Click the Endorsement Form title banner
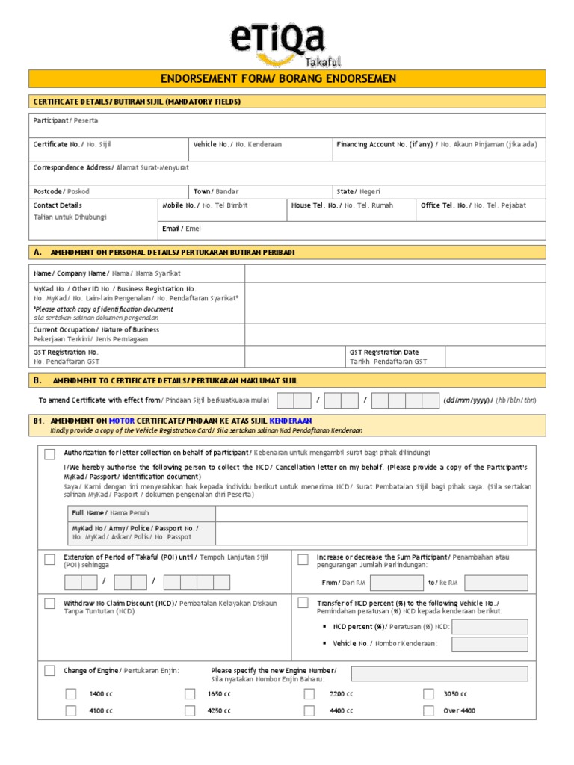(x=287, y=78)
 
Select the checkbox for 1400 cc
(x=70, y=694)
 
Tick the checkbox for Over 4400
(x=428, y=710)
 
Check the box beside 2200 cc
(x=309, y=694)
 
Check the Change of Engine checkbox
(x=49, y=671)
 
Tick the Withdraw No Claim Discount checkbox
(x=49, y=604)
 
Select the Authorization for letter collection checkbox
(x=49, y=453)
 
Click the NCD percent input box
(x=490, y=627)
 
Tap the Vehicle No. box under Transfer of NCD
(x=490, y=644)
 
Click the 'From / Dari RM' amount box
(x=396, y=582)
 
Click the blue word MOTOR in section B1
(x=122, y=421)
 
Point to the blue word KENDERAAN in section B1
(x=291, y=421)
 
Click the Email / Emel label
(x=182, y=229)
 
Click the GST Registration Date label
(x=384, y=352)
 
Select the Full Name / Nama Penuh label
(x=110, y=513)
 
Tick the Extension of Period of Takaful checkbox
(x=49, y=559)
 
